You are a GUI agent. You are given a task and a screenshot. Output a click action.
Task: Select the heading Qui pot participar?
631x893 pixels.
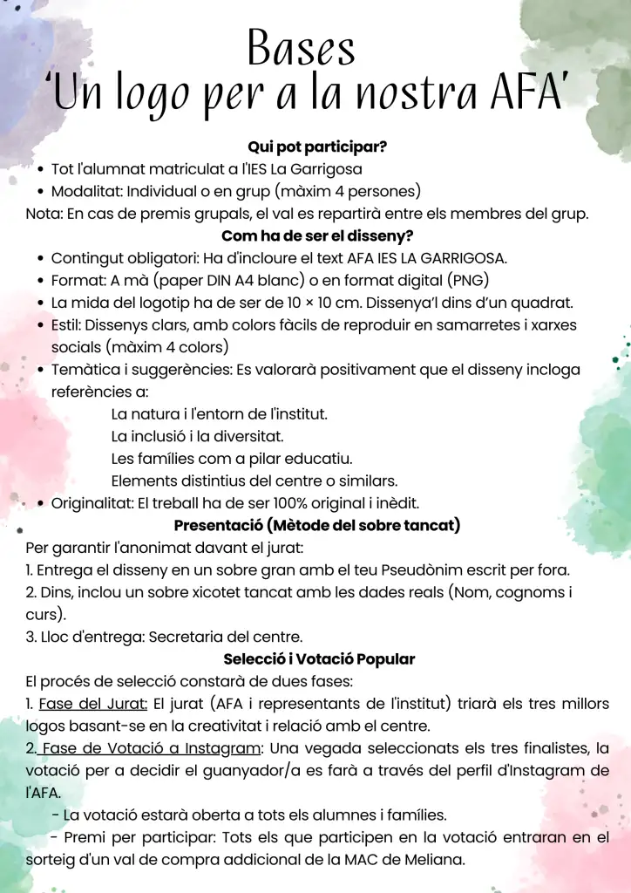pyautogui.click(x=317, y=147)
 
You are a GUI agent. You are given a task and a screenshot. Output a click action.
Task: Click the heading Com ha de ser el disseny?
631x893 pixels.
pyautogui.click(x=317, y=236)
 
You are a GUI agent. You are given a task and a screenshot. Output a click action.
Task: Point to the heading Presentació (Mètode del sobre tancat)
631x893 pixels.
pyautogui.click(x=317, y=526)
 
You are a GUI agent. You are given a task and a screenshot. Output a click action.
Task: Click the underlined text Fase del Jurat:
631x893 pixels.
pyautogui.click(x=94, y=704)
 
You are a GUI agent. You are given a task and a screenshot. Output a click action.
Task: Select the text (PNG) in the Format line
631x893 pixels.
pyautogui.click(x=469, y=281)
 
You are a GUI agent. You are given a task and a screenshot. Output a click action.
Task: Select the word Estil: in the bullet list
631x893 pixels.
pyautogui.click(x=68, y=325)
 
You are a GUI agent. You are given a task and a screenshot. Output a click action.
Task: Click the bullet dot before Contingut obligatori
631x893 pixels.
pyautogui.click(x=41, y=259)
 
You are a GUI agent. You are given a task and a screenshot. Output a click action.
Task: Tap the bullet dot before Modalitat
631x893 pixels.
pyautogui.click(x=41, y=192)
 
